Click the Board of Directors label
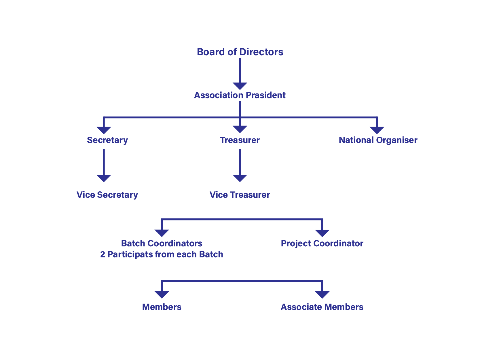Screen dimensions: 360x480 [x=240, y=52]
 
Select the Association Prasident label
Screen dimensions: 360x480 [x=240, y=95]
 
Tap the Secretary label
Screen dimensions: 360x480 [x=107, y=140]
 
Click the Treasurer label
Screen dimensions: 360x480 [x=240, y=140]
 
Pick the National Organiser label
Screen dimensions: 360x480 [x=378, y=140]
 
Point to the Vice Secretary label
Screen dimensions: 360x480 [x=107, y=195]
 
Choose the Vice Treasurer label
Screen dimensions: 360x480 [x=240, y=195]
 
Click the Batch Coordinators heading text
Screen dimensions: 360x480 [x=162, y=243]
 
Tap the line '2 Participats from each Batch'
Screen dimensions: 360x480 [x=162, y=254]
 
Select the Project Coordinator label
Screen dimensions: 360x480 [x=322, y=243]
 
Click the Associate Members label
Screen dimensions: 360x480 [x=322, y=307]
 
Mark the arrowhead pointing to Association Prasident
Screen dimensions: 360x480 [x=240, y=86]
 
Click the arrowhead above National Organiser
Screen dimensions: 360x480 [x=377, y=130]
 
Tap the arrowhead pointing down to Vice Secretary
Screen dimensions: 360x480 [x=104, y=178]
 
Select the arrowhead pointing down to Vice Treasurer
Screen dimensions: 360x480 [x=240, y=178]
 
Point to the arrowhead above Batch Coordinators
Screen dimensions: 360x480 [x=162, y=233]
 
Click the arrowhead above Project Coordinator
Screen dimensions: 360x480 [x=322, y=233]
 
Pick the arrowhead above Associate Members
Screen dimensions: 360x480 [x=322, y=294]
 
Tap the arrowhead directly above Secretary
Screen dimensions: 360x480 [x=104, y=130]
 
